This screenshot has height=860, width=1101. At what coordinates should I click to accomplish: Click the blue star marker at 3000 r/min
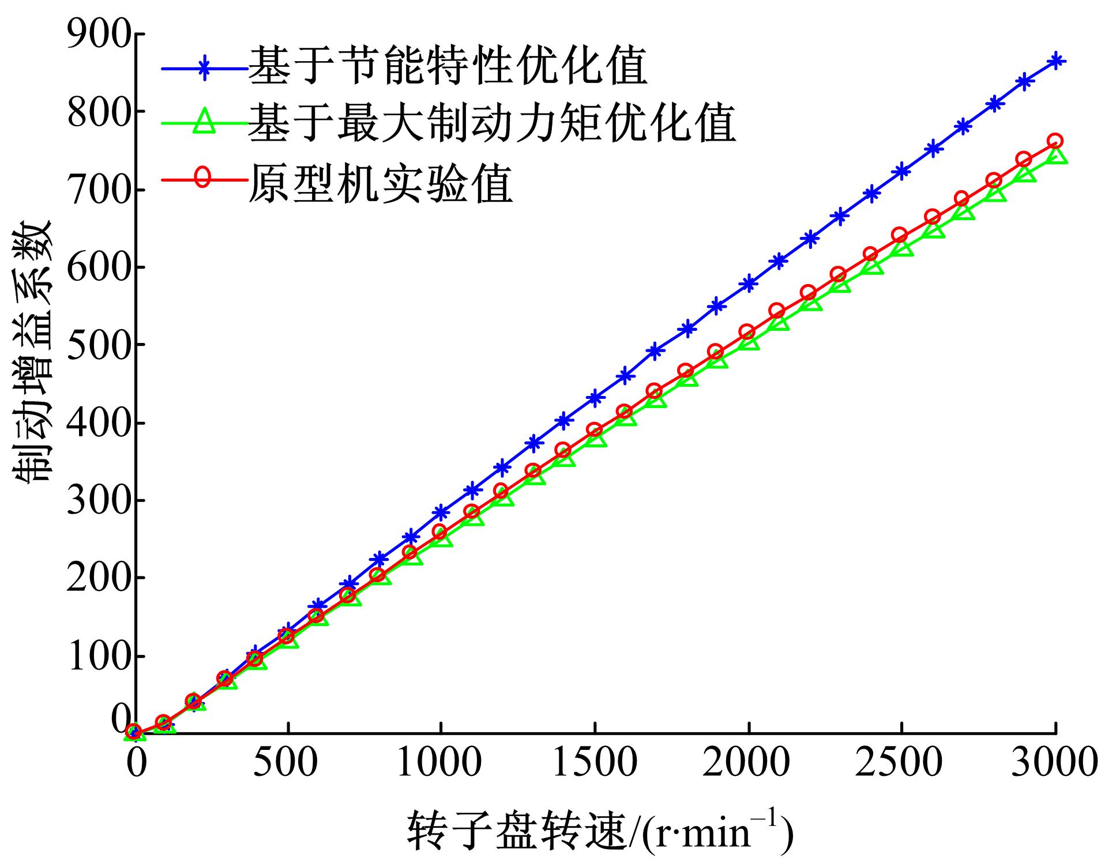point(1056,61)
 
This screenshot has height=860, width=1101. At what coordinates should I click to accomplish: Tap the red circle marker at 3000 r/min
point(1055,141)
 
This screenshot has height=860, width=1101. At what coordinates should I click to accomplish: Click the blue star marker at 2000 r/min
point(749,284)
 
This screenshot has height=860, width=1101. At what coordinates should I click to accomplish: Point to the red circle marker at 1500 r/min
point(594,430)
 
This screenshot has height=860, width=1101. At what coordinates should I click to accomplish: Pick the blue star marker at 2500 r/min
point(902,171)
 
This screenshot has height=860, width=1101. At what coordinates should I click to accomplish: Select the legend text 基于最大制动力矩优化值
point(492,124)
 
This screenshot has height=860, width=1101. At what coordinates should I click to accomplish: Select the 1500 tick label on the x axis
point(594,764)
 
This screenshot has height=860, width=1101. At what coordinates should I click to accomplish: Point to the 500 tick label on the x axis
point(287,764)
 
